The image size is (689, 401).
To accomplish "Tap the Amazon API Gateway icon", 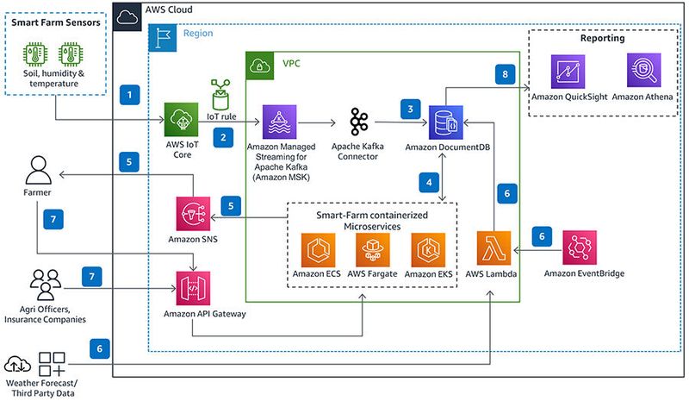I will click(192, 287).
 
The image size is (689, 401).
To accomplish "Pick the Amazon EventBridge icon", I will click(580, 247).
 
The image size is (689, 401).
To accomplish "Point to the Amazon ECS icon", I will click(317, 250).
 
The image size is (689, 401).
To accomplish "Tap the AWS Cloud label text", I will click(169, 10).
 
